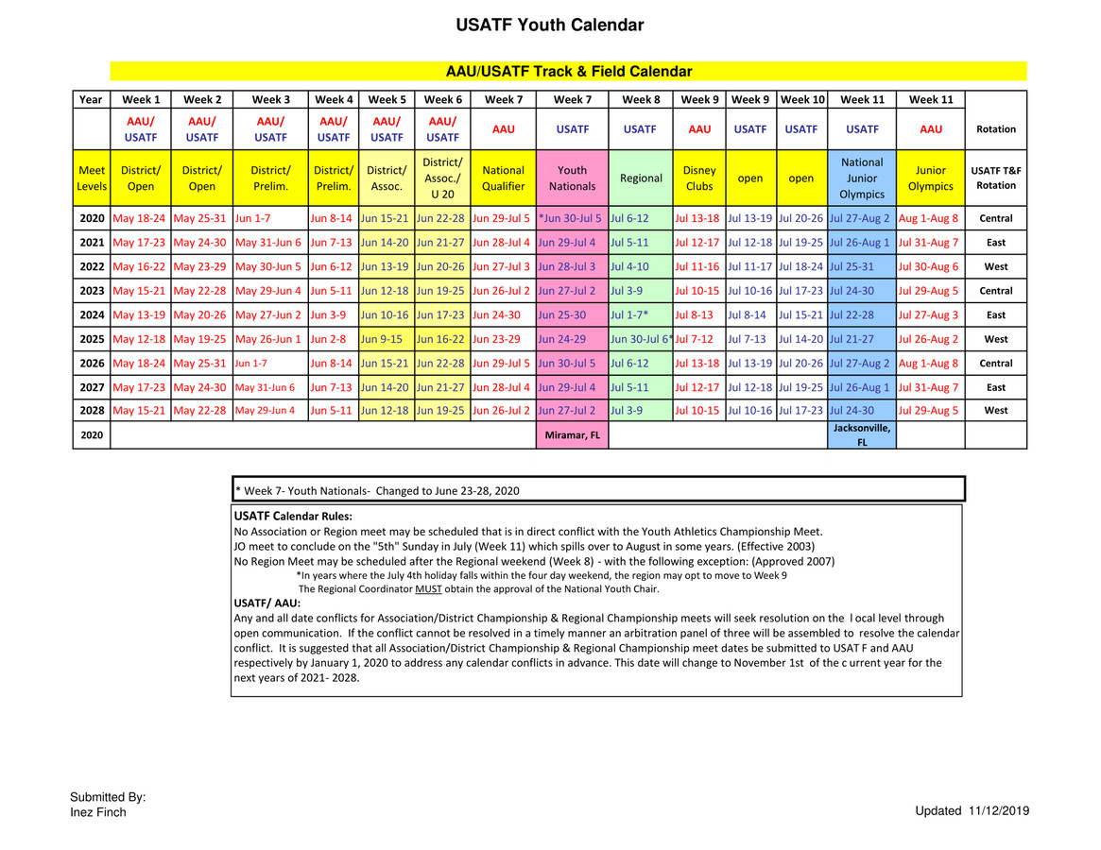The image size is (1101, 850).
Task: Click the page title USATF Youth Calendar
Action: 549,25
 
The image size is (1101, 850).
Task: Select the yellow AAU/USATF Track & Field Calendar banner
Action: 568,72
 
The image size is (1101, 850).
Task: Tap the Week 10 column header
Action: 802,99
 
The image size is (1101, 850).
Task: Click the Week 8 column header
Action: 641,99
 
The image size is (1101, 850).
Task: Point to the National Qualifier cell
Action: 503,178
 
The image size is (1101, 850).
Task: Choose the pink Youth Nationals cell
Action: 572,178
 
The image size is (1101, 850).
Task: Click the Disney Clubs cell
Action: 699,178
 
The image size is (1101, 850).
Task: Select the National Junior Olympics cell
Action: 862,178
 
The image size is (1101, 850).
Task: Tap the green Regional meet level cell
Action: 641,178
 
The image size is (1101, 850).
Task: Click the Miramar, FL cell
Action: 572,435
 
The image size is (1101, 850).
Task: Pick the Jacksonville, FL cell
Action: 862,435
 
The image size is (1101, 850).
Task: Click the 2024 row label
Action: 92,315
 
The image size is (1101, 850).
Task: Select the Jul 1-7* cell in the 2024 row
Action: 629,315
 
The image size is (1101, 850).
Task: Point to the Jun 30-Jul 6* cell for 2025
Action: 642,339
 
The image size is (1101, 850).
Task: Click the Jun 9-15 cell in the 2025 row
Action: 382,339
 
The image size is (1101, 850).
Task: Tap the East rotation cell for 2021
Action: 995,243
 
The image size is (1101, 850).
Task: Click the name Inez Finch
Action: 98,812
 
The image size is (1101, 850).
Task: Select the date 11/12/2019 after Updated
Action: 998,811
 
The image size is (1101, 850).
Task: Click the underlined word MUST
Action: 428,589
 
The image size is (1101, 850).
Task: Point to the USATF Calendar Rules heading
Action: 293,517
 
